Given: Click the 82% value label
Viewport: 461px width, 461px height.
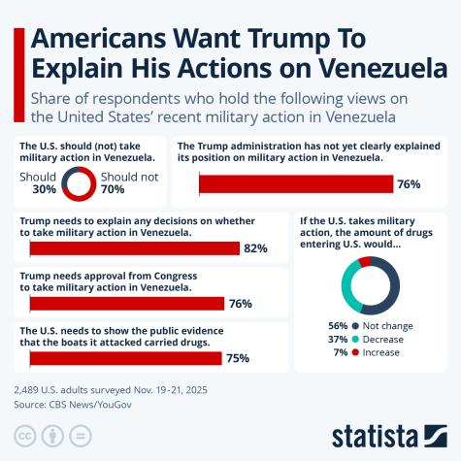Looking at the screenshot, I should tap(255, 248).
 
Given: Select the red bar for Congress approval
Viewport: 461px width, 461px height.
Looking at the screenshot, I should tap(127, 304).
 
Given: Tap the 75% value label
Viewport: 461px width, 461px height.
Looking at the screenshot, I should tap(238, 358).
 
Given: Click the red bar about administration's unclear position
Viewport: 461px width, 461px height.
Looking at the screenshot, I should tap(296, 184).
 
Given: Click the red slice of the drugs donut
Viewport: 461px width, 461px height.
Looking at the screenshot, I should tap(364, 262).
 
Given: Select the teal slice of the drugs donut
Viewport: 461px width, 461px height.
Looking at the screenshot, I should tap(350, 288).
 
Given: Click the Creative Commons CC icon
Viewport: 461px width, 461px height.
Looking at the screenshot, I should tap(24, 434).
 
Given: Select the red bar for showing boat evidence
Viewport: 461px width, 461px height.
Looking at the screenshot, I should tap(126, 358).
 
